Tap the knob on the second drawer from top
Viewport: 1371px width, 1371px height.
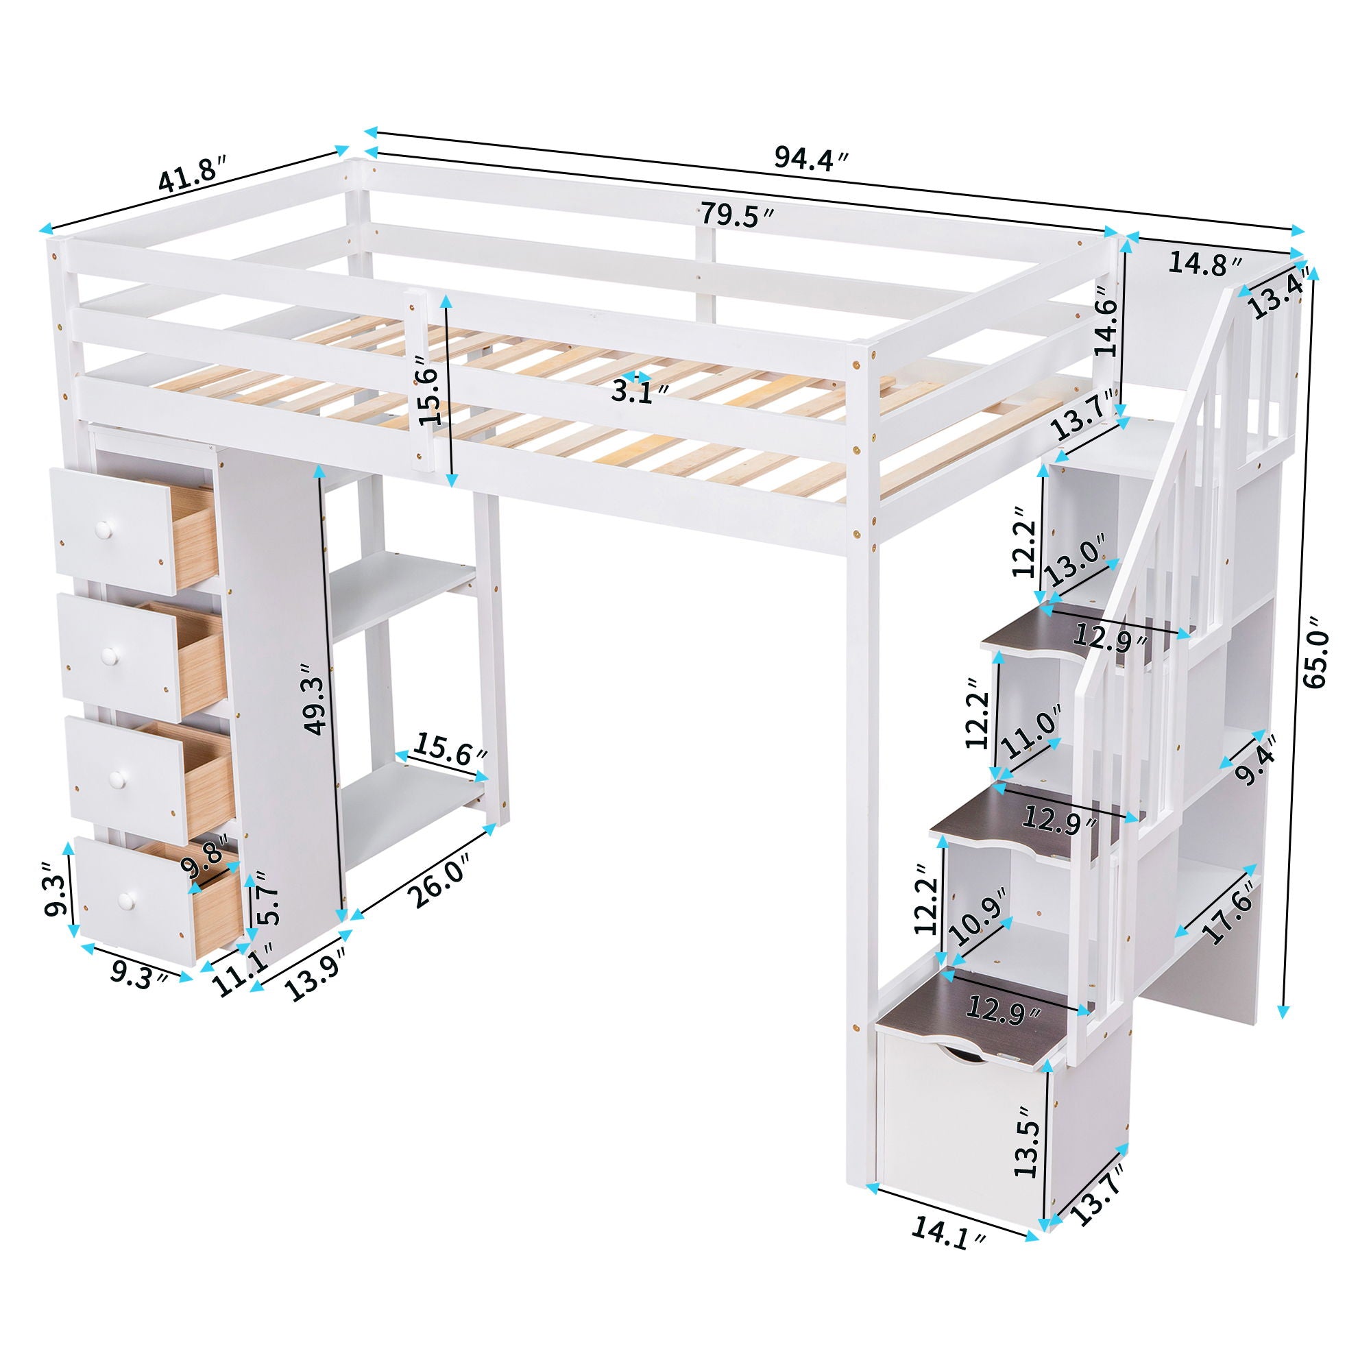108,657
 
